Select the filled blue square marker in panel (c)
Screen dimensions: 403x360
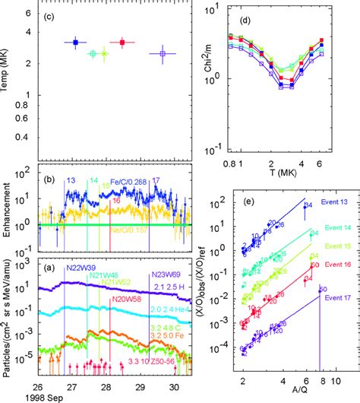(75, 43)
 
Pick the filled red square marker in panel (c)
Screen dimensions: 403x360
(122, 43)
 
